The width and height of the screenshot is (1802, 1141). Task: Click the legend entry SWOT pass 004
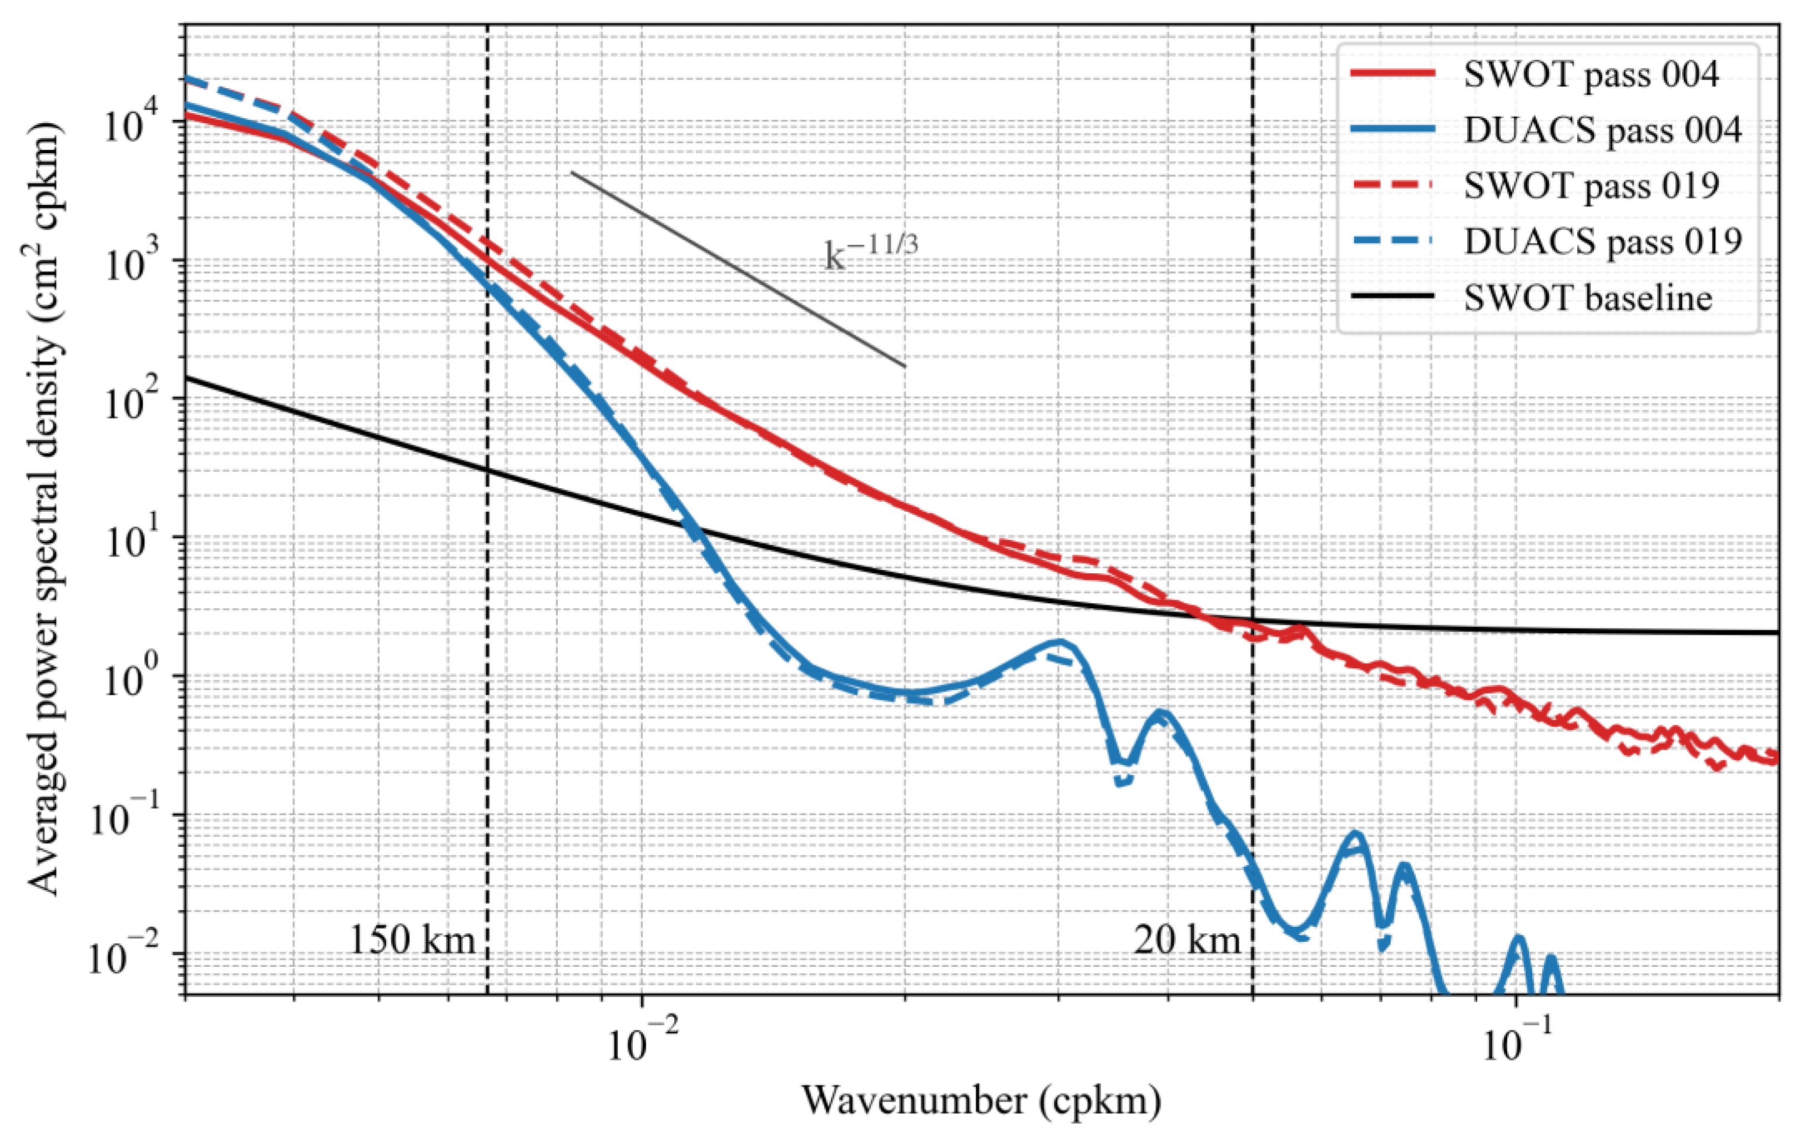(x=1590, y=75)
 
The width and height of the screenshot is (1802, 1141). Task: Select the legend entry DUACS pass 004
(x=1602, y=130)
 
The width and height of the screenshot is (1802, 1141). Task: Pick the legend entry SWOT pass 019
(x=1590, y=185)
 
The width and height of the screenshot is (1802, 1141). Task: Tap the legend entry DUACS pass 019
(x=1602, y=241)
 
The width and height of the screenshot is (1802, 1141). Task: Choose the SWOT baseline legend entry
(x=1587, y=298)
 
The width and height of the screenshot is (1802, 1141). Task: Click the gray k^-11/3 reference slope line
(x=737, y=269)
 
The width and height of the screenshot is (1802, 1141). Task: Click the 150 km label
(x=412, y=940)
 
